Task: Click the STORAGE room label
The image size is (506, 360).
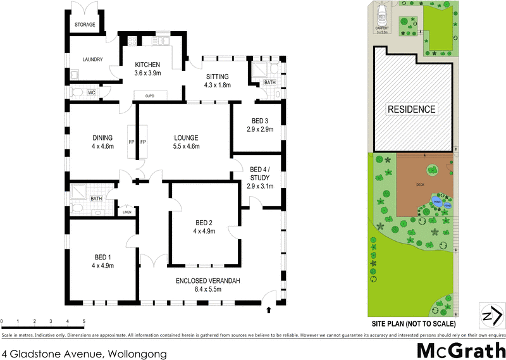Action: (85, 25)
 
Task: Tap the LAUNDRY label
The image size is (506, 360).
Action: (92, 60)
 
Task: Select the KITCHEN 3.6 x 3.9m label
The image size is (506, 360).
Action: (147, 69)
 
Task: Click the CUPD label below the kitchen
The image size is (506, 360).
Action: (150, 96)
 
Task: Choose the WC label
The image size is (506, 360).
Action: (91, 93)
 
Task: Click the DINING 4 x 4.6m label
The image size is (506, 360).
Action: (102, 142)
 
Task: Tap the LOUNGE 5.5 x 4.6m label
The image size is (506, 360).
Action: (187, 142)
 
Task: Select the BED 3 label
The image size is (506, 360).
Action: (260, 125)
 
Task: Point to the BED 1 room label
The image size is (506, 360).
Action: (102, 261)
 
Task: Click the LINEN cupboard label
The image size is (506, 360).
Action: (126, 212)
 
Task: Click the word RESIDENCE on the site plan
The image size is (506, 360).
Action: (412, 109)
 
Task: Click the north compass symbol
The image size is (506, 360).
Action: (492, 315)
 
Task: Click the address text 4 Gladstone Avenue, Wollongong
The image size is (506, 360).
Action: (85, 354)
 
